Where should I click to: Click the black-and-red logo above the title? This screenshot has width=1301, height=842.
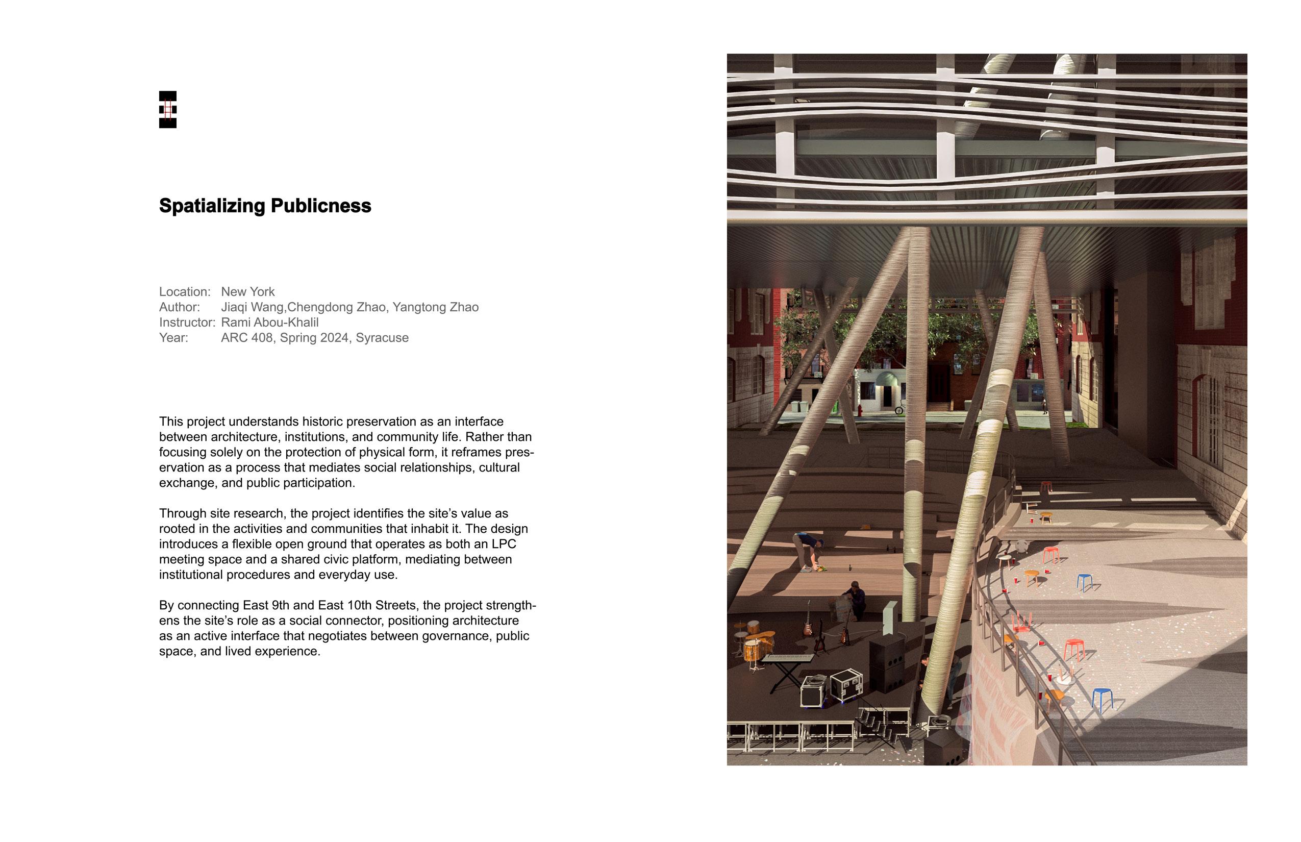click(x=167, y=109)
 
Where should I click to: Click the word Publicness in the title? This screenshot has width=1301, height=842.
click(x=320, y=206)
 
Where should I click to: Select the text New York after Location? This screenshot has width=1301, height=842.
click(x=247, y=291)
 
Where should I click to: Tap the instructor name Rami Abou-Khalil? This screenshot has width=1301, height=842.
click(x=269, y=322)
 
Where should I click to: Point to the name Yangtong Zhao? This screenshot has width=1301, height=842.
click(x=435, y=307)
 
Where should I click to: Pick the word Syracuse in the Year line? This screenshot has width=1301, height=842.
click(x=382, y=337)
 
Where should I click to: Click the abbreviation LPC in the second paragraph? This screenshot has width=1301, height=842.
click(x=504, y=544)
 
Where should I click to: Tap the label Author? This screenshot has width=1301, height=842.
click(x=179, y=307)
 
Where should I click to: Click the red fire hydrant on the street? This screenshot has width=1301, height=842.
click(x=859, y=411)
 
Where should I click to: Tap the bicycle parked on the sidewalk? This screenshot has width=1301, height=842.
click(x=899, y=408)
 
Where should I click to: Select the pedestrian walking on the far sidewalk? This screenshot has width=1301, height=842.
click(x=1045, y=406)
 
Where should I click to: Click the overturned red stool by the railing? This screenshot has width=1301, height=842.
click(x=1020, y=622)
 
